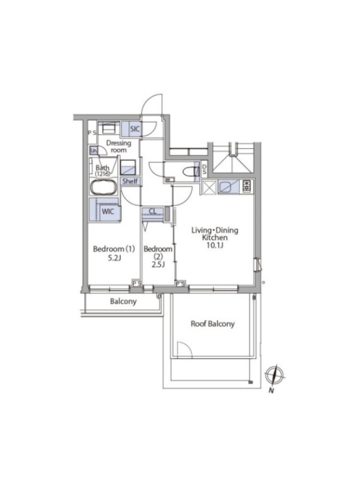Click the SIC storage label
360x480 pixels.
click(x=134, y=129)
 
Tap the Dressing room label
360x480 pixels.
click(x=118, y=146)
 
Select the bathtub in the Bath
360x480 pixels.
click(x=103, y=187)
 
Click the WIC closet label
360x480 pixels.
click(x=108, y=211)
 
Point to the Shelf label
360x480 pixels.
click(x=130, y=181)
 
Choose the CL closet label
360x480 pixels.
click(x=152, y=211)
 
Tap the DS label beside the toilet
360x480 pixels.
click(x=204, y=170)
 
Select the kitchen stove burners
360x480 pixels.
click(x=247, y=186)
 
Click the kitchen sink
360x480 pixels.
click(x=228, y=187)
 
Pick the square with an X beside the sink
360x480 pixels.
click(x=209, y=187)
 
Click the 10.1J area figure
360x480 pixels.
click(x=215, y=245)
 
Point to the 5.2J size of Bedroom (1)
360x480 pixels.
click(x=114, y=258)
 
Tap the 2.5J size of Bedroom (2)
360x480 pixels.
click(x=158, y=265)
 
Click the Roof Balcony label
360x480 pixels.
click(x=212, y=324)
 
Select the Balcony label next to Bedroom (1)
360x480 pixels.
click(x=123, y=302)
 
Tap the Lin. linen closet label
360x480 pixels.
click(x=94, y=151)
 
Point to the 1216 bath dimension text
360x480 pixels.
click(x=103, y=174)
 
